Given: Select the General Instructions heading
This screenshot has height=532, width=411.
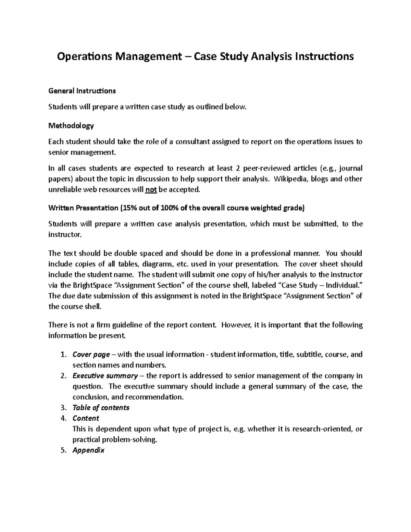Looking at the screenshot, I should click(82, 91).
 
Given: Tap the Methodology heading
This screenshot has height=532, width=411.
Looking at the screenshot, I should click(71, 126).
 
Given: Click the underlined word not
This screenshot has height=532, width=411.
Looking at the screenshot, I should click(151, 189).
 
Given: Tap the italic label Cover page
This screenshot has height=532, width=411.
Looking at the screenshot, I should click(91, 355).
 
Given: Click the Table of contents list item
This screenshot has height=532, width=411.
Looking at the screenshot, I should click(101, 408).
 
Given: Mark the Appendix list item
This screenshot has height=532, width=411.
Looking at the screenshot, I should click(88, 450).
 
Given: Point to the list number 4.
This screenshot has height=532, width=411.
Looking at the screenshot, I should click(63, 418).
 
